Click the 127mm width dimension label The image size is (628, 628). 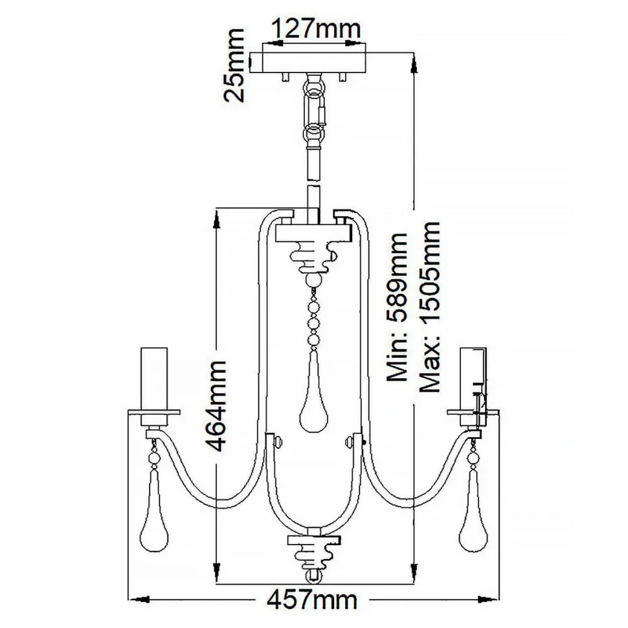[314, 29]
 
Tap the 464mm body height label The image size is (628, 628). [219, 405]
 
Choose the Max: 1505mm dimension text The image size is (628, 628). [429, 308]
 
